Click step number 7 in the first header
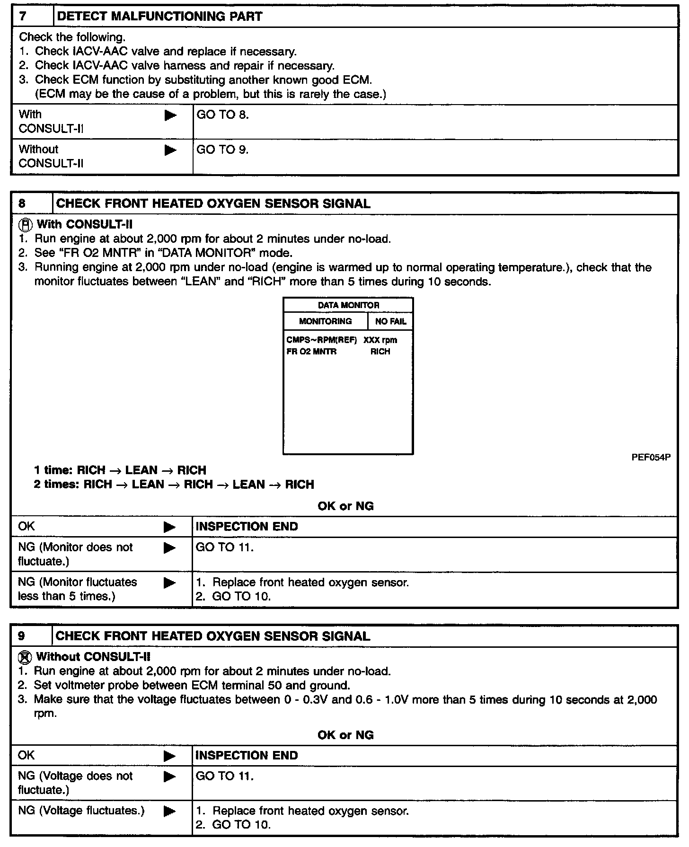point(23,17)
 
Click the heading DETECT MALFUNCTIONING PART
point(159,17)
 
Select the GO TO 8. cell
point(222,115)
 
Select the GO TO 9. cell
point(222,150)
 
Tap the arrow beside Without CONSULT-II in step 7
point(170,150)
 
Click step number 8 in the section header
point(23,203)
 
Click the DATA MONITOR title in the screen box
point(348,305)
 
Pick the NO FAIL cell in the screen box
point(390,321)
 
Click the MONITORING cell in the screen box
point(325,321)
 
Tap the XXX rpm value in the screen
point(380,340)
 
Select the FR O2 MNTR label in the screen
point(311,352)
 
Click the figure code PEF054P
point(651,458)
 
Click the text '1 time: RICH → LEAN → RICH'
point(120,470)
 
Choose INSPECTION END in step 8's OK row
point(247,527)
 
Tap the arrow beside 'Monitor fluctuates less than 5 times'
point(169,583)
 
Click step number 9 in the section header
point(22,636)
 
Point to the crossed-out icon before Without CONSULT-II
point(26,657)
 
